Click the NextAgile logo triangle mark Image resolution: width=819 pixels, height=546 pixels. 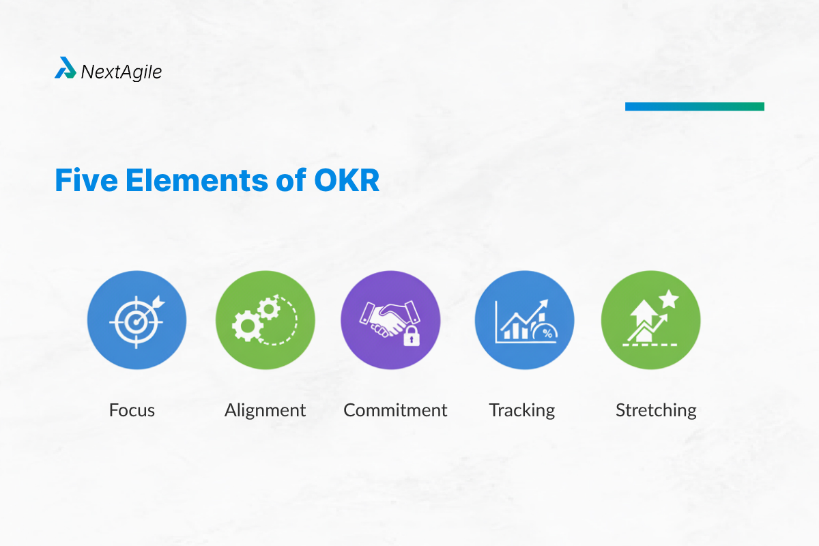(x=66, y=68)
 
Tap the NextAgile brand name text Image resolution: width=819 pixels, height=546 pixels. (x=121, y=71)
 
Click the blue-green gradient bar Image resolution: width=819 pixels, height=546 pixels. (x=694, y=106)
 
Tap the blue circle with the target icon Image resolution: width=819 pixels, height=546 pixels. (x=136, y=319)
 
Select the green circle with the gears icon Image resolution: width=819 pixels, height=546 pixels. (x=265, y=319)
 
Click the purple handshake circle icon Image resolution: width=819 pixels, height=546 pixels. (x=390, y=319)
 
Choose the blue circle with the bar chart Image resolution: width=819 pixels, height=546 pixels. (x=524, y=319)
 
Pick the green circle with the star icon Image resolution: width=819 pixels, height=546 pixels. (x=650, y=319)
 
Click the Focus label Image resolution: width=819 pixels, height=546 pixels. (x=132, y=410)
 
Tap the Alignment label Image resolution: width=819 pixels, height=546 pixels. (x=265, y=410)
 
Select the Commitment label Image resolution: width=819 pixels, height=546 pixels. (x=395, y=410)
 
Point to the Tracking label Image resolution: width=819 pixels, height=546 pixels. (x=522, y=410)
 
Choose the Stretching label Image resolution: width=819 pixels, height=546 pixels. (x=656, y=410)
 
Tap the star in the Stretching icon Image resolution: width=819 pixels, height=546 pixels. (x=668, y=299)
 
